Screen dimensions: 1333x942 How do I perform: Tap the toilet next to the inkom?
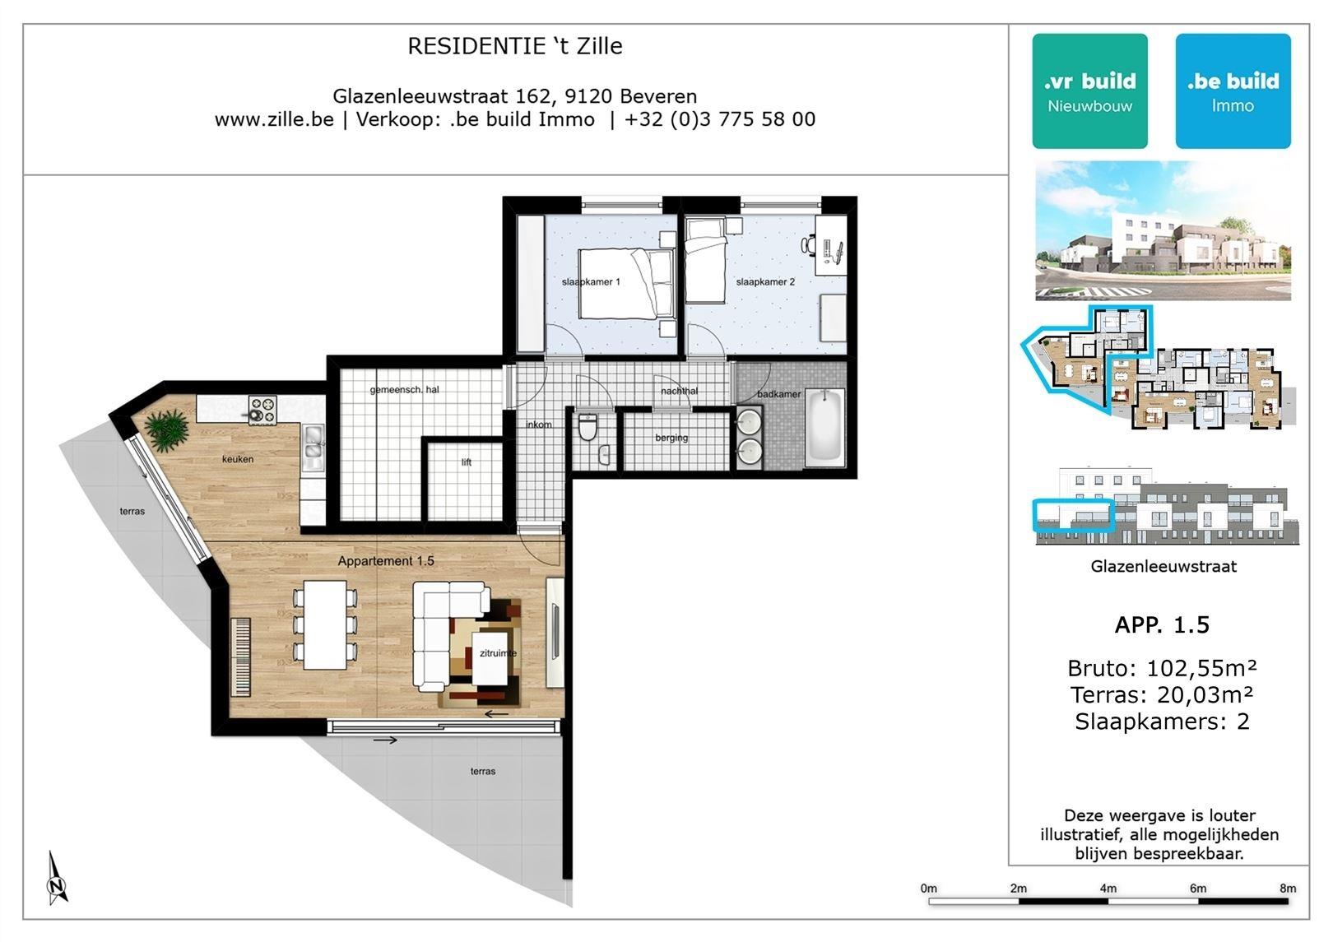[x=588, y=427]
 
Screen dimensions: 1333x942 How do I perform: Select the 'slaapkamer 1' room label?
[x=591, y=281]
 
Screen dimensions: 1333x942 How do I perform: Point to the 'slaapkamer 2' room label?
[x=765, y=281]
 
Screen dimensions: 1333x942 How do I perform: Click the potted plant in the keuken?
[x=166, y=429]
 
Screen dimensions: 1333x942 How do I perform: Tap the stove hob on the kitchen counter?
[x=262, y=410]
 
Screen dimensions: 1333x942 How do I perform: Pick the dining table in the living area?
[x=325, y=624]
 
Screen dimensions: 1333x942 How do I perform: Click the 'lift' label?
[x=466, y=462]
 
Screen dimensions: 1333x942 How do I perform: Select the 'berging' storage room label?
[x=671, y=438]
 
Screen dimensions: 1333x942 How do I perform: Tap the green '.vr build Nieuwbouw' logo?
[x=1089, y=91]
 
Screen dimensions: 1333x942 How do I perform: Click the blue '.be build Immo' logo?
[x=1233, y=91]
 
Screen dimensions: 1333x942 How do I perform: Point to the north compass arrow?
[x=56, y=877]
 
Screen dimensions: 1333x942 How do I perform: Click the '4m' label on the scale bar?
[x=1108, y=889]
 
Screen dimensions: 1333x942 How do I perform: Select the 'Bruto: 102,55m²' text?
[x=1162, y=668]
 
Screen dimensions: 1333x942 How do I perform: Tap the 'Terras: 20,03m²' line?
[x=1162, y=694]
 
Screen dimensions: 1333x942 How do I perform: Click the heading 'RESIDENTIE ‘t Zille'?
[x=515, y=46]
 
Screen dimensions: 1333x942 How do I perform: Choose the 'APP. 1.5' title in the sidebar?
[x=1162, y=624]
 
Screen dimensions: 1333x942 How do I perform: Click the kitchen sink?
[x=313, y=448]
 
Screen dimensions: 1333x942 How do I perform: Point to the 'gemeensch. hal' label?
[x=404, y=390]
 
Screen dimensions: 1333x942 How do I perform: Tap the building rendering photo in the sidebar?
[x=1163, y=230]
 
